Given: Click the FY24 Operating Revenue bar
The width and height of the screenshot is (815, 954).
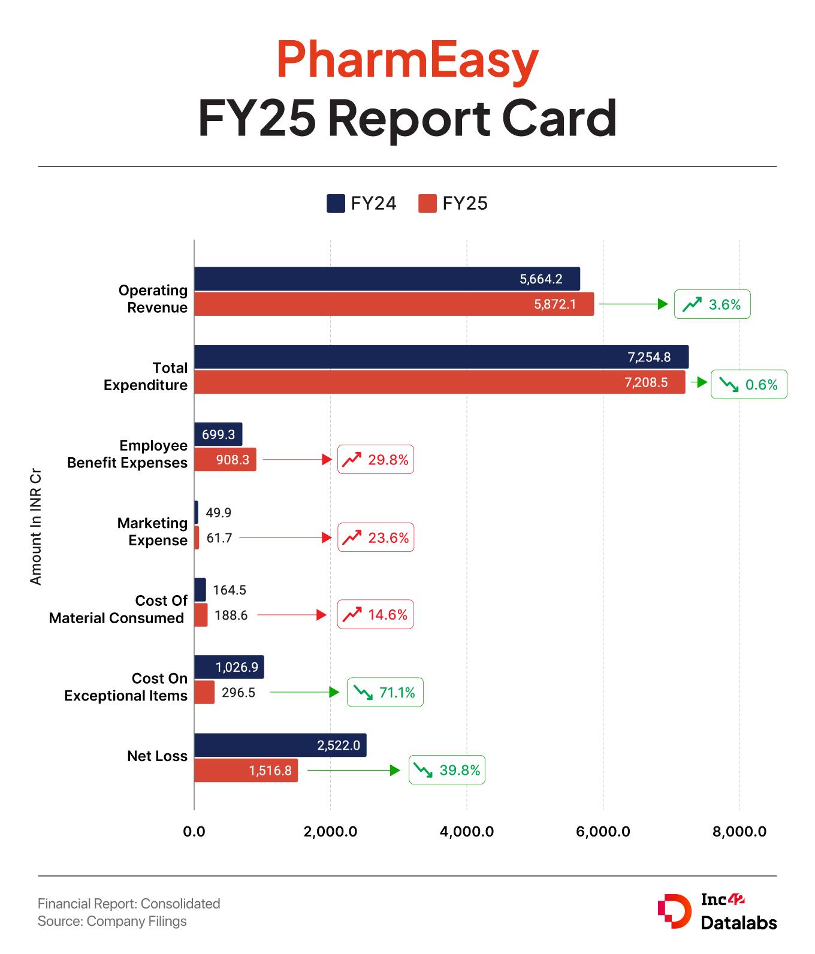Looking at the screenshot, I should pyautogui.click(x=387, y=279).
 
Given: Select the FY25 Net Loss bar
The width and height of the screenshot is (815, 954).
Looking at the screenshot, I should pyautogui.click(x=246, y=770).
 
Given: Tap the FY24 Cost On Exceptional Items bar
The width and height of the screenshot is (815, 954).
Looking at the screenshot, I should pyautogui.click(x=229, y=667).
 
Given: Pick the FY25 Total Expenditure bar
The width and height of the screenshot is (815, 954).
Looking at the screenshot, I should pyautogui.click(x=439, y=382).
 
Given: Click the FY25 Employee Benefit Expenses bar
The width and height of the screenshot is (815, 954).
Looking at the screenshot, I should pyautogui.click(x=225, y=460).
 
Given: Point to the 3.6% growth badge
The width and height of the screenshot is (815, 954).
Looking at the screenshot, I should pyautogui.click(x=712, y=304).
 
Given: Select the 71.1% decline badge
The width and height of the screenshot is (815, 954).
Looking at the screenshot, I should pyautogui.click(x=385, y=692).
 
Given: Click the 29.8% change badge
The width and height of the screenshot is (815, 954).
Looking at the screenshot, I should pyautogui.click(x=376, y=460).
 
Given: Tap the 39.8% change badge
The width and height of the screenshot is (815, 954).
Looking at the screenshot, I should pyautogui.click(x=447, y=770).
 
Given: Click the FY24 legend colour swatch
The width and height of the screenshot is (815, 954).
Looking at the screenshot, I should pyautogui.click(x=336, y=204).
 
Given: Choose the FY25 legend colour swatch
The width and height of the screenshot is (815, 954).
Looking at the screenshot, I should pyautogui.click(x=427, y=204).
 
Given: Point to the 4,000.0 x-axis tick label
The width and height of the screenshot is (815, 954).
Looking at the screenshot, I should pyautogui.click(x=466, y=832).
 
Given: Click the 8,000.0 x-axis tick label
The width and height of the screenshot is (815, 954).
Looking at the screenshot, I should pyautogui.click(x=739, y=832).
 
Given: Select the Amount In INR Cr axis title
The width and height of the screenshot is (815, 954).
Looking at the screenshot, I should pyautogui.click(x=36, y=526).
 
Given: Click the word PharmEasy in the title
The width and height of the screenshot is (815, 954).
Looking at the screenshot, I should pyautogui.click(x=407, y=61).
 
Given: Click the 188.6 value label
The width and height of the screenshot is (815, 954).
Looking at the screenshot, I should pyautogui.click(x=231, y=615).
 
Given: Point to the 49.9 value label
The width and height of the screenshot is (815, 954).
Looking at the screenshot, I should pyautogui.click(x=218, y=512).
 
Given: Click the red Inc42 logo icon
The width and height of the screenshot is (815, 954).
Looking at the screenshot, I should pyautogui.click(x=674, y=912).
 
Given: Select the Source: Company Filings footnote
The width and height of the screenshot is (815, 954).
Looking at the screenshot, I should pyautogui.click(x=112, y=921).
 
